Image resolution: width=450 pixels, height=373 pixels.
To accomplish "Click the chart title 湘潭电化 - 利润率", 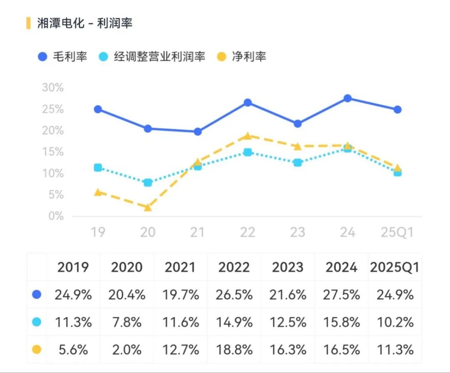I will pos(85,23).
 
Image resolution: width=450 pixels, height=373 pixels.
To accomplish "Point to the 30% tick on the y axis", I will pos(53,88).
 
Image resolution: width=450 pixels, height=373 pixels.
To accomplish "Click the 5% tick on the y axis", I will pos(55,195).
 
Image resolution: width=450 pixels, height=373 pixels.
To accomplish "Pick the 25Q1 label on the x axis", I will pos(397,232).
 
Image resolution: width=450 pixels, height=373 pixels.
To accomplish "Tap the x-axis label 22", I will pos(247,232).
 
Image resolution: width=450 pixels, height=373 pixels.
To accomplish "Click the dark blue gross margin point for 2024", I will pos(347,98).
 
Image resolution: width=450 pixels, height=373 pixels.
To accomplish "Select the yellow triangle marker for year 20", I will pos(147,207).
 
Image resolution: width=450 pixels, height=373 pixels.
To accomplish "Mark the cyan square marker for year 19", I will pos(98,168).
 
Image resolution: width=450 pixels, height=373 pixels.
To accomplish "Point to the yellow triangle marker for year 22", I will pos(247,136).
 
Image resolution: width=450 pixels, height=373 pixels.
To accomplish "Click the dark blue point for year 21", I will pos(197,132).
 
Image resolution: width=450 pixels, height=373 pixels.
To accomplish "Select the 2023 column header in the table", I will pos(288,267).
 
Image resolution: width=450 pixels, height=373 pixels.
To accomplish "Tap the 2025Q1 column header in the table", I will pos(394,267).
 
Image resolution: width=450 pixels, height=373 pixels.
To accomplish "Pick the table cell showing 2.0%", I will pos(127,350).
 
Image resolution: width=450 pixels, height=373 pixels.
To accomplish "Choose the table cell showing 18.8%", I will pos(234,350).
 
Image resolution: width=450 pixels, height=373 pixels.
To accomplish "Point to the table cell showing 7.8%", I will pos(127,322).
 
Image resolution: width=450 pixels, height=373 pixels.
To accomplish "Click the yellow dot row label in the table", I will pos(37,350).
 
